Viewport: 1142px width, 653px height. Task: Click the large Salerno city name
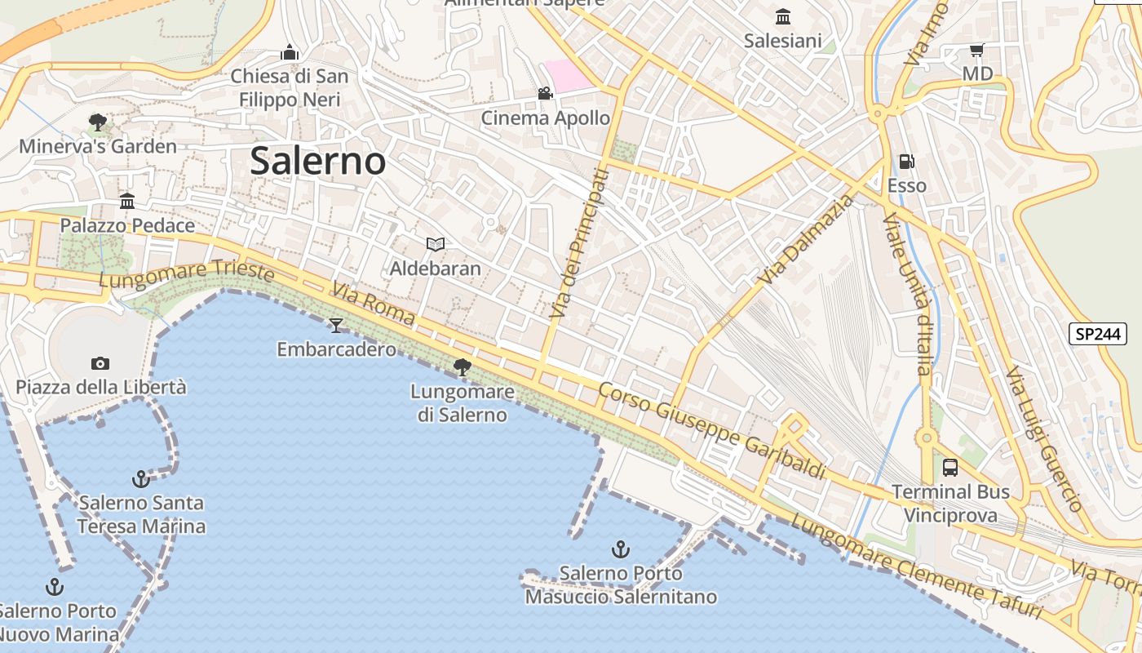pos(317,161)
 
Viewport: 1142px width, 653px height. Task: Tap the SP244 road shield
pos(1098,333)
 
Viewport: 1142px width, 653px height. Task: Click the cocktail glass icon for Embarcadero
pos(335,326)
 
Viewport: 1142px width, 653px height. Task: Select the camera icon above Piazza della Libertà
pos(100,363)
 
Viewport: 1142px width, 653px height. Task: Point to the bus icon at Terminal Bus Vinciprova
pos(950,468)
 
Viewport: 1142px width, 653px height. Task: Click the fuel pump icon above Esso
pos(906,162)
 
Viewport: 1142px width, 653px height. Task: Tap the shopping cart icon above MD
pos(976,51)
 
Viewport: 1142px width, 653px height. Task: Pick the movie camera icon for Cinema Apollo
pos(545,94)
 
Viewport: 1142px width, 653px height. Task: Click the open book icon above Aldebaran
pos(436,244)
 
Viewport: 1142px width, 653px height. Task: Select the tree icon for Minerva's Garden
pos(98,123)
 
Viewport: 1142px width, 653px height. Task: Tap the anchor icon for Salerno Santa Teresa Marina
pos(141,479)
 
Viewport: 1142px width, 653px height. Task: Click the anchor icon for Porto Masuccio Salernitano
pos(621,549)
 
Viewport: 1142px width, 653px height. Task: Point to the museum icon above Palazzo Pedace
pos(127,202)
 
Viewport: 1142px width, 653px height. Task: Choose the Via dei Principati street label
pos(579,244)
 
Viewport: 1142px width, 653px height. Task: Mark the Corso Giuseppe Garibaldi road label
pos(712,430)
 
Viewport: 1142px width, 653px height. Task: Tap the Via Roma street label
pos(374,304)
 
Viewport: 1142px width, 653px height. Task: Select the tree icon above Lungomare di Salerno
pos(463,367)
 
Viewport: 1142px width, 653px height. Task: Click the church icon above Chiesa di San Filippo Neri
pos(290,53)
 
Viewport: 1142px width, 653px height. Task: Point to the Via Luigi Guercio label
pos(1043,438)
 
